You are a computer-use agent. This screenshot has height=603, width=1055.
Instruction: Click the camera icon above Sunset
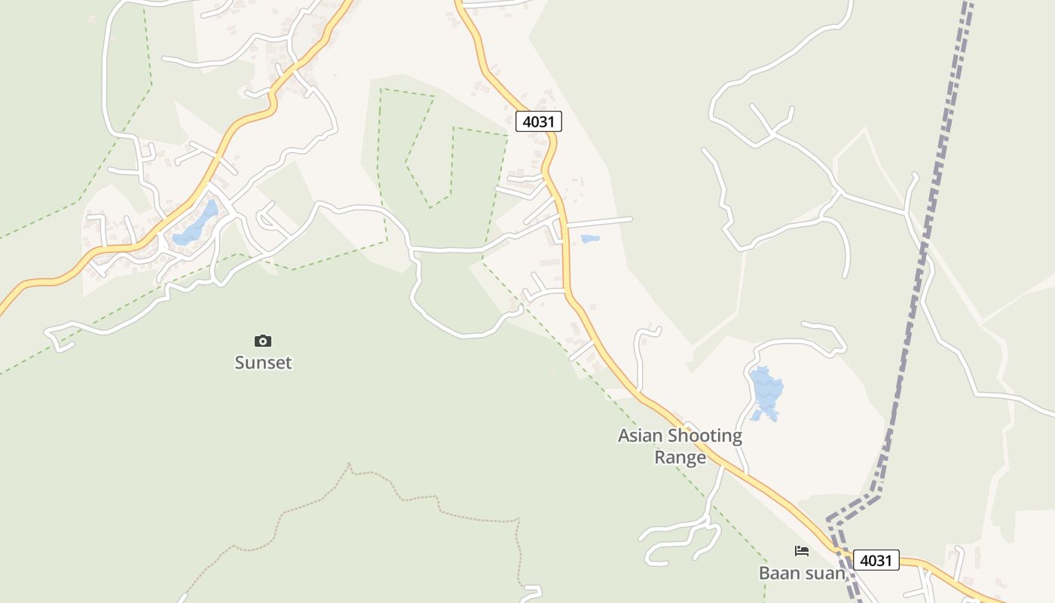click(x=263, y=341)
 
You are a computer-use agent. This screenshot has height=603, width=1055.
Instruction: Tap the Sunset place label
click(x=263, y=363)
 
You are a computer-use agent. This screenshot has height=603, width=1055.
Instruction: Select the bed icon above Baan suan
click(x=802, y=551)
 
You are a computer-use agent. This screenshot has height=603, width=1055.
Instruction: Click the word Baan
click(x=779, y=573)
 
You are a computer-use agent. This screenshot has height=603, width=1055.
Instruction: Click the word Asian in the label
click(x=641, y=436)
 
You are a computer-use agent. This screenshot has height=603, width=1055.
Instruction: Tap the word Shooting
click(x=705, y=436)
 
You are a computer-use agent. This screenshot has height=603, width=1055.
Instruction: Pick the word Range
click(x=680, y=457)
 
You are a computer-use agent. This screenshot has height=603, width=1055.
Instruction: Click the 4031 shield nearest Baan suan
click(x=876, y=560)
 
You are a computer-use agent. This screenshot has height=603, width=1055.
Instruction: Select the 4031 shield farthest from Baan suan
click(x=539, y=121)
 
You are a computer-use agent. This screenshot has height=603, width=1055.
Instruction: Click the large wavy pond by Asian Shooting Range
click(x=766, y=392)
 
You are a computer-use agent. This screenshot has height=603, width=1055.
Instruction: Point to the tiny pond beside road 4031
click(x=590, y=239)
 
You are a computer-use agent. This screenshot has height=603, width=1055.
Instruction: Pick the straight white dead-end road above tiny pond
click(x=599, y=222)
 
